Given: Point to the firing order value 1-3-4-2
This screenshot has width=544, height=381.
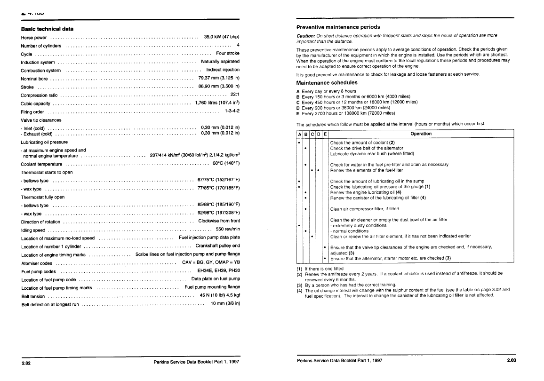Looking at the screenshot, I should click(x=232, y=111).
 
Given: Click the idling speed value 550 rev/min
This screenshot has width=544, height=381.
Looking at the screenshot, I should click(x=228, y=230).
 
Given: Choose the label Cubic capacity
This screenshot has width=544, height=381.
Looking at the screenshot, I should click(x=36, y=103).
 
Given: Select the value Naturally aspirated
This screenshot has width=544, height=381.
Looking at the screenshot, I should click(x=220, y=61).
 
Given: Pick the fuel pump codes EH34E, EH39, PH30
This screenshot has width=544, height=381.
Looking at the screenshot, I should click(x=219, y=271).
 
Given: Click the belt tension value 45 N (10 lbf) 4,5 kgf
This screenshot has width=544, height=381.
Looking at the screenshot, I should click(x=220, y=295).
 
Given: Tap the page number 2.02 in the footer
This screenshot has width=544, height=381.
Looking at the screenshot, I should click(x=26, y=363).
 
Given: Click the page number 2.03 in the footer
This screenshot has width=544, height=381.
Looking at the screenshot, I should click(x=512, y=360).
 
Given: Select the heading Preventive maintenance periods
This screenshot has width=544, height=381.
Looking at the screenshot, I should click(x=338, y=27).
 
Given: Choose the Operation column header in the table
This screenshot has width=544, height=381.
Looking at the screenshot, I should click(x=421, y=134).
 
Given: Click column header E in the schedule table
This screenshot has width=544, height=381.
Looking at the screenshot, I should click(x=324, y=134).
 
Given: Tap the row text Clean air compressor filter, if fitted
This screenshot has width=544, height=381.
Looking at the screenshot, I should click(x=364, y=209).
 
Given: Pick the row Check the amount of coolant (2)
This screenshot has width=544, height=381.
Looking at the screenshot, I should click(x=362, y=143).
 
